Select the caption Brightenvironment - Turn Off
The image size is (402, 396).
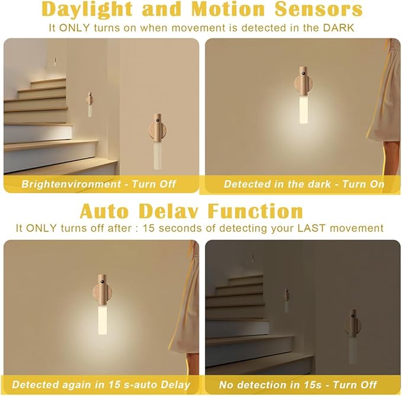pos(99,184)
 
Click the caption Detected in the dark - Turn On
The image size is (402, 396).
pos(304,184)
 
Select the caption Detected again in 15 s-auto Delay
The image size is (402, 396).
pos(101,385)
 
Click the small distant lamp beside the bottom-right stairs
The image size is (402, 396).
pos(287,301)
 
